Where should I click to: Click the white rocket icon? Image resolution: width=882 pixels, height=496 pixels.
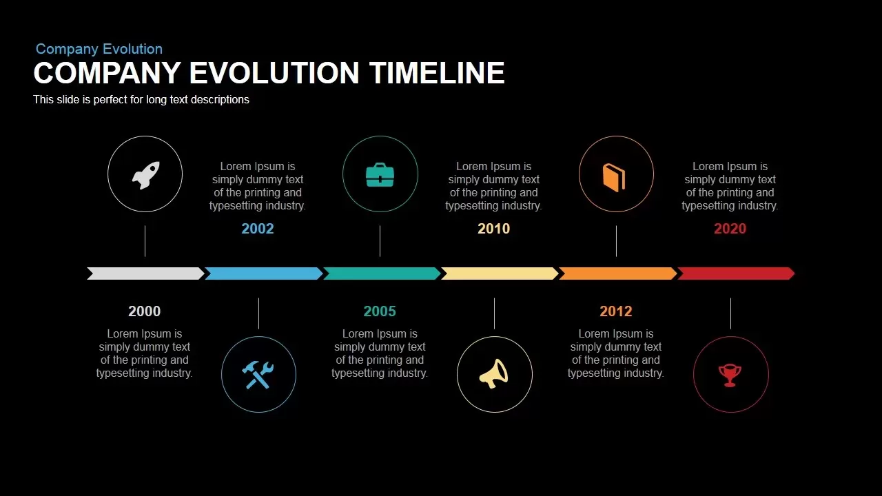(145, 175)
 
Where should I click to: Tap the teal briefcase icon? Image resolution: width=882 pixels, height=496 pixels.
(380, 175)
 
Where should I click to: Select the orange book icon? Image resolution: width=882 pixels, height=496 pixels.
(614, 178)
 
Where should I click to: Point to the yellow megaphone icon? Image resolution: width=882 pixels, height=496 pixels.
(494, 374)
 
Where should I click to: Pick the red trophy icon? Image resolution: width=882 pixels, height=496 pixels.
(730, 375)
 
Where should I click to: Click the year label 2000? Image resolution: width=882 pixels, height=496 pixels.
(145, 311)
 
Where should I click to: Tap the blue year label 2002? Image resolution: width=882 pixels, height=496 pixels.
(258, 229)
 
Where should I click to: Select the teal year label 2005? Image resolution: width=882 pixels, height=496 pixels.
(380, 311)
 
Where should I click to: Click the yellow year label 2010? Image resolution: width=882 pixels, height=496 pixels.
(494, 229)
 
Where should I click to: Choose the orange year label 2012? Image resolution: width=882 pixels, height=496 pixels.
(616, 311)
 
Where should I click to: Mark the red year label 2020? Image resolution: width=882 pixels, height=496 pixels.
(730, 229)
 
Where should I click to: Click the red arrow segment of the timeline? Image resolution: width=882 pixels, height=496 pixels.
(737, 273)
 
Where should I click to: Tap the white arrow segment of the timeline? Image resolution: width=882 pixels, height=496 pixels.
(145, 273)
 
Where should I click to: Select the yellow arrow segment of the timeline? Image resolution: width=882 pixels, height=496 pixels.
(500, 273)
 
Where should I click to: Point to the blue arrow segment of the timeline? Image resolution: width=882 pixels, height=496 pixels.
(264, 273)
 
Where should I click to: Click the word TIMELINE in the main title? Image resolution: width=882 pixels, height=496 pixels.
(437, 73)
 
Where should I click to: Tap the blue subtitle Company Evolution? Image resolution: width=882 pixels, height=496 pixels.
(99, 49)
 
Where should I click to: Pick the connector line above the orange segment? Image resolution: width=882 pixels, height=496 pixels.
(616, 241)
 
